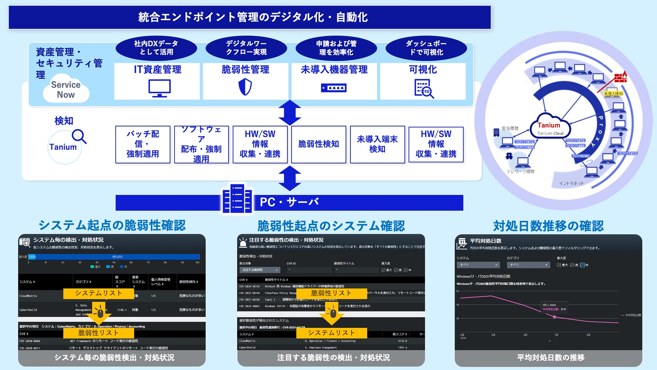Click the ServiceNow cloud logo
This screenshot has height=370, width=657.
66,89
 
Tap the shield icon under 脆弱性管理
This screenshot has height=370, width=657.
245,87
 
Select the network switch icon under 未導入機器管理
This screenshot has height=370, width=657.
334,88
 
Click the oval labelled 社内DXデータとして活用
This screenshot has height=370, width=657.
156,48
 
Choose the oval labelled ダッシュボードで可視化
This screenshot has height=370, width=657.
426,48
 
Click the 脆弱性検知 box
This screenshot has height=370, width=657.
319,144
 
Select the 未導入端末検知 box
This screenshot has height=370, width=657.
377,144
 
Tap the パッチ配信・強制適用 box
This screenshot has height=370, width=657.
143,144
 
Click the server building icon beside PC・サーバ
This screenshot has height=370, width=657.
237,199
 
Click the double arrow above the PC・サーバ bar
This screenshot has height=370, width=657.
290,178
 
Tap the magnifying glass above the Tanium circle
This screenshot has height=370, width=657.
79,136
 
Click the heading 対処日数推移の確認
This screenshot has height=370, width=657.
548,226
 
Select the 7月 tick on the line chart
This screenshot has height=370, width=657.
556,335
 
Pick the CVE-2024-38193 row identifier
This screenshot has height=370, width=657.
249,286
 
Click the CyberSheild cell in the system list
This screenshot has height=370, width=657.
28,310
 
